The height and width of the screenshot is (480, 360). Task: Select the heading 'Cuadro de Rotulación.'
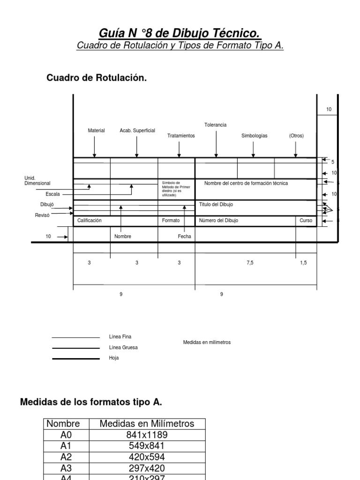click(97, 78)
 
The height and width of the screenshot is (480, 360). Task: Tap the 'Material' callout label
click(96, 130)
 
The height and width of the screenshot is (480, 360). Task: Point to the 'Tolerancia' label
click(215, 125)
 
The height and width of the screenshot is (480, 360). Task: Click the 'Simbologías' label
click(254, 135)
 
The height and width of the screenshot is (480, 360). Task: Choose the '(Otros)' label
click(296, 135)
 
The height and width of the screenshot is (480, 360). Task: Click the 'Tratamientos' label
click(181, 135)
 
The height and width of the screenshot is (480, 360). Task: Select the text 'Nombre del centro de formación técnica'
click(246, 183)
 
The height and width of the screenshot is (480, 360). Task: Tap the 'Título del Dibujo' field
click(216, 205)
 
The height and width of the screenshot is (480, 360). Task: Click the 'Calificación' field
click(90, 220)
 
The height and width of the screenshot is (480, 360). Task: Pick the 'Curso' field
click(306, 220)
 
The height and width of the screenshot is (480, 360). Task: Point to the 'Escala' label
click(52, 194)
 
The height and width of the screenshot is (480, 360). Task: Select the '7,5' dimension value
click(250, 263)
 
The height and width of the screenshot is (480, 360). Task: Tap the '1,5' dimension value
click(303, 263)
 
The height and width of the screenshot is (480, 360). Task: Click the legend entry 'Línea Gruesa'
click(123, 347)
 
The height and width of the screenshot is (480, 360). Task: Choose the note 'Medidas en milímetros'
click(207, 342)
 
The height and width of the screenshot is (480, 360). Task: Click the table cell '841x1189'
click(147, 435)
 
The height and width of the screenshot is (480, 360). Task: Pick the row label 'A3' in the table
click(66, 468)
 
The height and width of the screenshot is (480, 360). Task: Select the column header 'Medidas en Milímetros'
click(147, 424)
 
